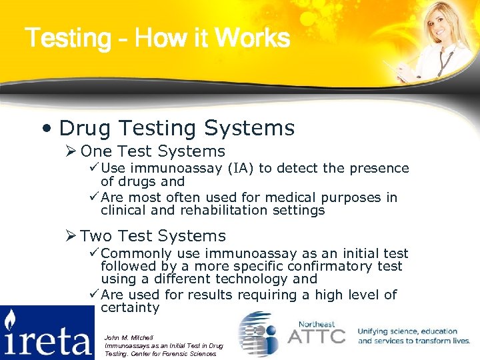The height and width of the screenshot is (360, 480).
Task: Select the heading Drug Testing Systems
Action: tap(177, 127)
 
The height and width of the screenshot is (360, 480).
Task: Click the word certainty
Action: tap(130, 308)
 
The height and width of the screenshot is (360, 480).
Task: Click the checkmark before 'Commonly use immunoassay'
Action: tap(94, 253)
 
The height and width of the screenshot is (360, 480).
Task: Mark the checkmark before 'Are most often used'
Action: tap(94, 197)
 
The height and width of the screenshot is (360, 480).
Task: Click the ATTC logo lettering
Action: tap(316, 336)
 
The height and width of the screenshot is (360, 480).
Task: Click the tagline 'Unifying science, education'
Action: tap(407, 331)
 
